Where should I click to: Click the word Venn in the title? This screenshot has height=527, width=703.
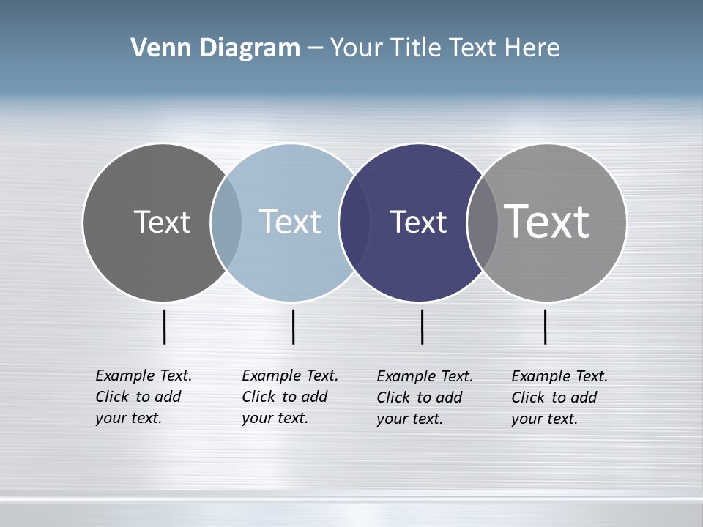(x=155, y=48)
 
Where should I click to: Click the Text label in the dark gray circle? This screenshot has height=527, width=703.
(x=162, y=222)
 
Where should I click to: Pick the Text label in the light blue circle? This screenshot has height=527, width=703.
(x=290, y=222)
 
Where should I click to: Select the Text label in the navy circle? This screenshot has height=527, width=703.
(x=418, y=222)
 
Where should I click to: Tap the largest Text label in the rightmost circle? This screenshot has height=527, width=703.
(x=547, y=222)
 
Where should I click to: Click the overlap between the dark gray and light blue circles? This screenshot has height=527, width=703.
(x=226, y=222)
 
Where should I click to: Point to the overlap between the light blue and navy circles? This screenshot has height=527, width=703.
(x=354, y=222)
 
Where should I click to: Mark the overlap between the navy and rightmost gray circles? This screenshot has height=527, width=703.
(x=483, y=222)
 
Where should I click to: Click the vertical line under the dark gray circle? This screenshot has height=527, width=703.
(x=165, y=326)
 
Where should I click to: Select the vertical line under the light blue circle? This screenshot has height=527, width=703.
(x=293, y=326)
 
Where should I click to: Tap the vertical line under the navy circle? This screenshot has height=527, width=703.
(x=422, y=326)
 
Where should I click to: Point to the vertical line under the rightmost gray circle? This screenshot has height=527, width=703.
(x=545, y=326)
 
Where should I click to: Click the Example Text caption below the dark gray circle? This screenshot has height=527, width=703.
(x=143, y=397)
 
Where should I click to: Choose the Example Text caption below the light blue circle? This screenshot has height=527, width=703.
(x=289, y=397)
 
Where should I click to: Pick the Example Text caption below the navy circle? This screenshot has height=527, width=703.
(x=424, y=397)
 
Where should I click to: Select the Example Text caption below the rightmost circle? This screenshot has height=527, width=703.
(x=559, y=397)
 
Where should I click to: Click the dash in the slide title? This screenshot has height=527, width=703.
(x=315, y=48)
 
